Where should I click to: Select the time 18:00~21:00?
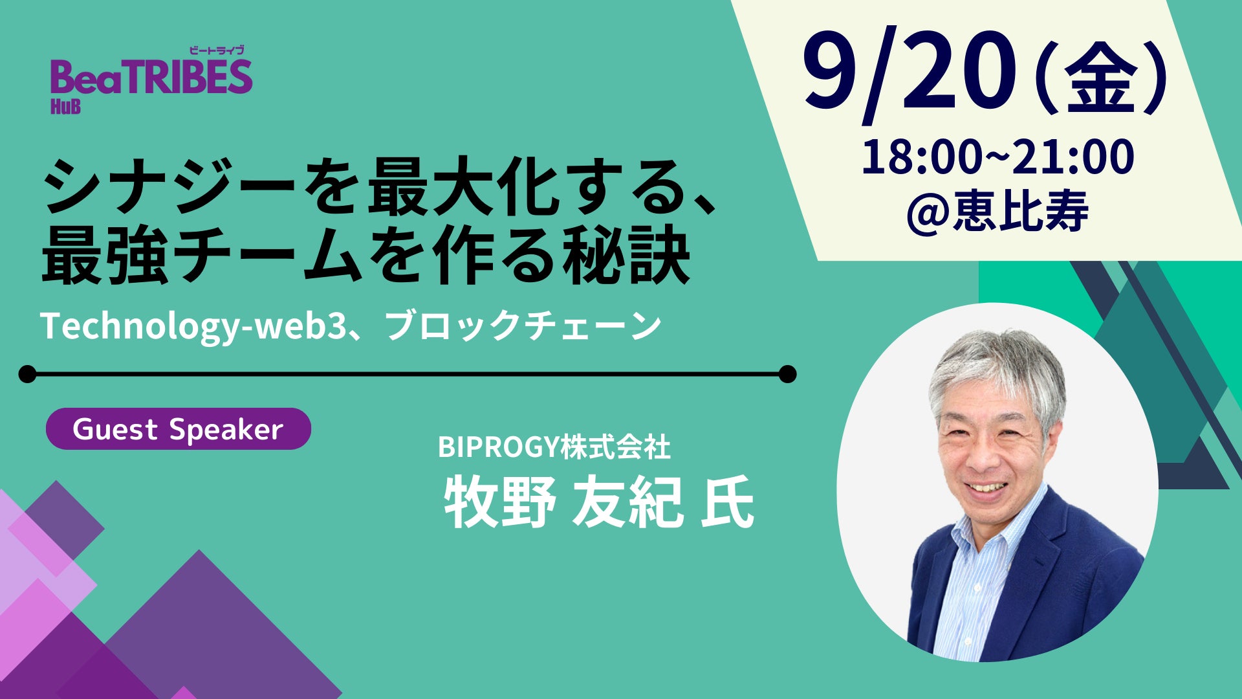[997, 157]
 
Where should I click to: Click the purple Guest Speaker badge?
[179, 428]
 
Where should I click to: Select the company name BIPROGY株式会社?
[554, 447]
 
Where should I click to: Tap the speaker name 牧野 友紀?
[563, 502]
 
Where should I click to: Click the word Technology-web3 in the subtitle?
[191, 326]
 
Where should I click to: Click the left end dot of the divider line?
[28, 374]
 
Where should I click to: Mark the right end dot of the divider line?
[787, 374]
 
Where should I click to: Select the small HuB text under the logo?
[65, 106]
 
